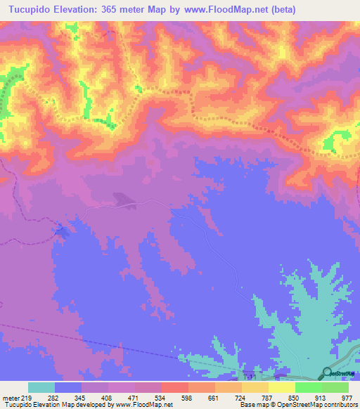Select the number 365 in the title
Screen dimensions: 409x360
pyautogui.click(x=113, y=10)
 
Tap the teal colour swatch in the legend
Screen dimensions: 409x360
pyautogui.click(x=41, y=387)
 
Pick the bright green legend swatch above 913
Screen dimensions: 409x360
pyautogui.click(x=308, y=387)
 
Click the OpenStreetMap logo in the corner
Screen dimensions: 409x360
pyautogui.click(x=328, y=374)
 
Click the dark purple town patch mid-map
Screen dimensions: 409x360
pyautogui.click(x=126, y=202)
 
